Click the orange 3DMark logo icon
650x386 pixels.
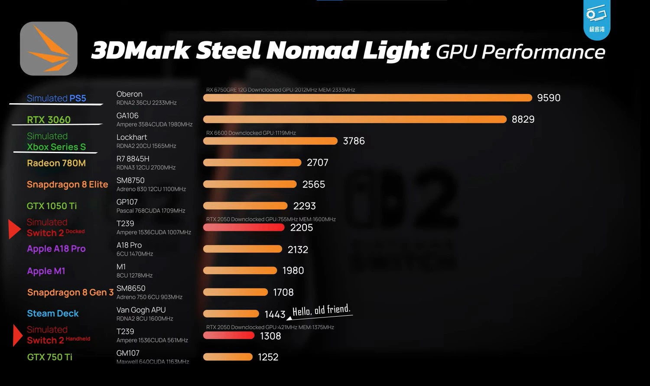click(49, 49)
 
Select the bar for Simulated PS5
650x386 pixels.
click(367, 98)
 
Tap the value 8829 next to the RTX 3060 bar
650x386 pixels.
click(523, 119)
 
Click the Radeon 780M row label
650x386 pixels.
click(56, 163)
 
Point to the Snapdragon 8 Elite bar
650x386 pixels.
click(250, 184)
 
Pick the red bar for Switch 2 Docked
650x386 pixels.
click(244, 227)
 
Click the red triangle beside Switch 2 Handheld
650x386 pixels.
click(17, 335)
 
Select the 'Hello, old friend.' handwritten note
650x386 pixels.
click(321, 310)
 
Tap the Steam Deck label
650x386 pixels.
click(53, 313)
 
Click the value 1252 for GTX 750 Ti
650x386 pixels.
click(268, 357)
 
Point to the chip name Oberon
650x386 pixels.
click(129, 94)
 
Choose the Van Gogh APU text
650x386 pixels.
click(141, 310)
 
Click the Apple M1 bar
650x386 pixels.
click(240, 271)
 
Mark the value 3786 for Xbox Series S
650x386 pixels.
click(354, 141)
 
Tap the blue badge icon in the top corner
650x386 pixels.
click(596, 20)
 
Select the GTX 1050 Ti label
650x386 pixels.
click(52, 206)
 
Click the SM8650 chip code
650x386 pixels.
click(131, 288)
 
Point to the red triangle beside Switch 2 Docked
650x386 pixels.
click(14, 229)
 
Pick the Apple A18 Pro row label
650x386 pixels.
click(56, 249)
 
